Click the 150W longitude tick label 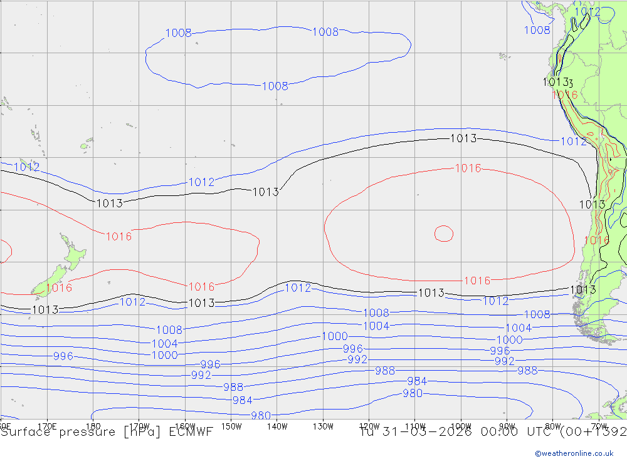point(231,426)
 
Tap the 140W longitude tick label point(277,426)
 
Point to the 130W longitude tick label point(323,426)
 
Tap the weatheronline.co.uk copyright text point(574,453)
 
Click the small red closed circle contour point(444,233)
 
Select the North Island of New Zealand point(73,254)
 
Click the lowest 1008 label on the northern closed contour point(275,86)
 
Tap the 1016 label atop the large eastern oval point(468,168)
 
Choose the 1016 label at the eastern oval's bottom point(477,281)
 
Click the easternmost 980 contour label point(412,393)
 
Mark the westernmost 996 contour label point(63,356)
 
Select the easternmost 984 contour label point(416,381)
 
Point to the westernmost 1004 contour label point(164,343)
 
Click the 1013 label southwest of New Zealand point(45,309)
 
